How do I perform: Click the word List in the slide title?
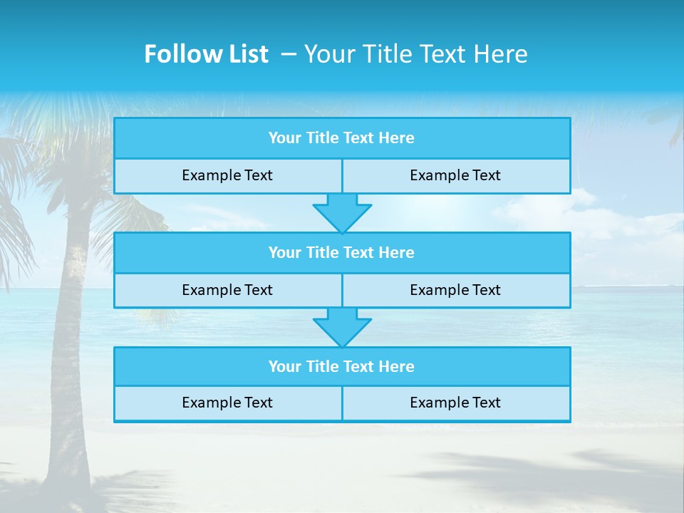(244, 54)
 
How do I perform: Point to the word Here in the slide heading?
(502, 54)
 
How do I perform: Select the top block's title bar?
(342, 138)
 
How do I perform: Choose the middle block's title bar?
(342, 253)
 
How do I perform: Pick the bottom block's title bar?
(342, 367)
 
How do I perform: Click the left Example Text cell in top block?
(227, 176)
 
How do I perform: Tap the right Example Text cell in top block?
(456, 176)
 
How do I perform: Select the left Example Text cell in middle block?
(227, 291)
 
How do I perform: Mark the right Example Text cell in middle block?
(456, 291)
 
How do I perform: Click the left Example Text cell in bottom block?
(227, 403)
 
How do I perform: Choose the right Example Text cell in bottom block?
(456, 403)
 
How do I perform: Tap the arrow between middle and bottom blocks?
(342, 327)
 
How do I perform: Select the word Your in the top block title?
(285, 138)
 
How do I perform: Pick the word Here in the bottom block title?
(397, 367)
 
